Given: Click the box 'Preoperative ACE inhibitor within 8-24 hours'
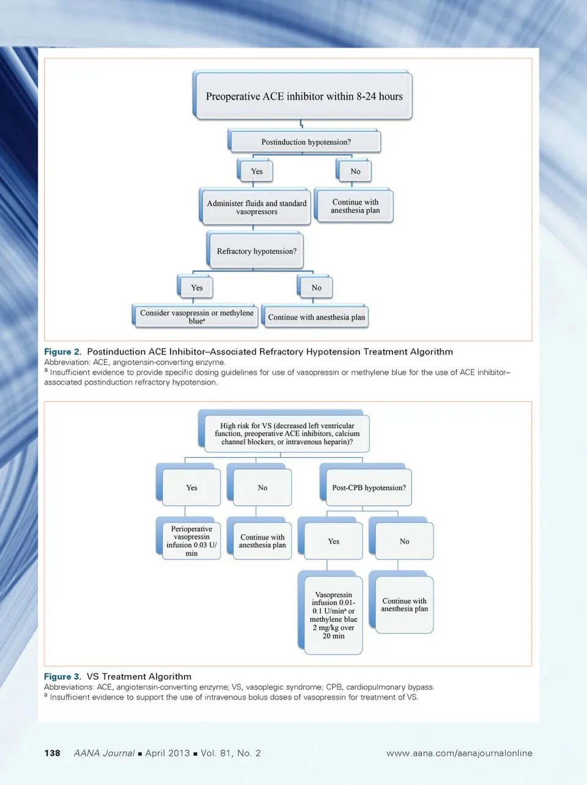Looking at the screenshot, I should point(304,96).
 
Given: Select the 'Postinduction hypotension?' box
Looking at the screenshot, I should point(306,142).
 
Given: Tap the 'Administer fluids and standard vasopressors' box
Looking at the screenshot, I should point(256,207).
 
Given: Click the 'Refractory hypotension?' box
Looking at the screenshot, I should point(256,251).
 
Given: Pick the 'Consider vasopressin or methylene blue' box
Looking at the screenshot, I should point(196,316).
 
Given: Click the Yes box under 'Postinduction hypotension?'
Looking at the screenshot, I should point(257,171).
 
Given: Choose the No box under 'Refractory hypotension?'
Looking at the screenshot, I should point(316,287).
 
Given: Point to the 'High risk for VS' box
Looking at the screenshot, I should point(287,433).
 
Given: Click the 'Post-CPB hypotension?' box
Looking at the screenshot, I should point(369,487).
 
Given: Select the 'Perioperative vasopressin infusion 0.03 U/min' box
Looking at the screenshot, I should point(191,540).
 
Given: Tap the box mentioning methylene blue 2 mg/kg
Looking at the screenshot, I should point(333,615).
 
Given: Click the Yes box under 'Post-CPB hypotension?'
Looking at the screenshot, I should point(333,541).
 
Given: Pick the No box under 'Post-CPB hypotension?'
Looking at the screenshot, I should point(404,541).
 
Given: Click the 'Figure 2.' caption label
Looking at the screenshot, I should point(62,352).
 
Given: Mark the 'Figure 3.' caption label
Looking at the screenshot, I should point(62,676).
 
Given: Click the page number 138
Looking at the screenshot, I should point(53,753).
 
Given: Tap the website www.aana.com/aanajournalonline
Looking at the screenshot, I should point(459,753).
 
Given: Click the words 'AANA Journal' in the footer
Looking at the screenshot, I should point(104,753).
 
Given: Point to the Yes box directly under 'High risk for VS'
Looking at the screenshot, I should point(191,487).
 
